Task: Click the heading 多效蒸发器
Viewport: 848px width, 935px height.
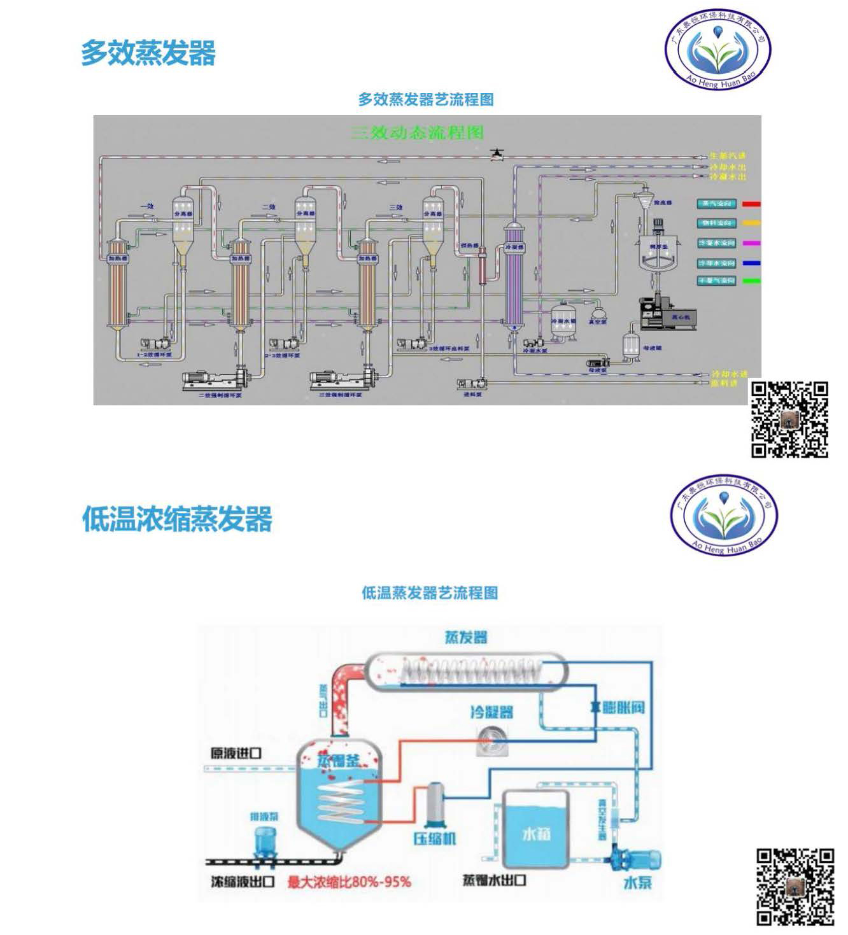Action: (x=148, y=53)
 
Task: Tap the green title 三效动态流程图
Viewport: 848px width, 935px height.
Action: (x=418, y=132)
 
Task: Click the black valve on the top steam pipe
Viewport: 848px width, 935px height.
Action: (x=497, y=153)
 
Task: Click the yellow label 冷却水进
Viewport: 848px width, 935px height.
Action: (x=728, y=374)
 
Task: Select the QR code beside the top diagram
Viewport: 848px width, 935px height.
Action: (x=789, y=419)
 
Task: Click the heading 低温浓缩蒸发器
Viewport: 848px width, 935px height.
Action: (x=177, y=519)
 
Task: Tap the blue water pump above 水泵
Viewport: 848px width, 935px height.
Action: (x=633, y=859)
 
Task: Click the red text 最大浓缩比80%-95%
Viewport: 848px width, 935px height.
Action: (x=349, y=882)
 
